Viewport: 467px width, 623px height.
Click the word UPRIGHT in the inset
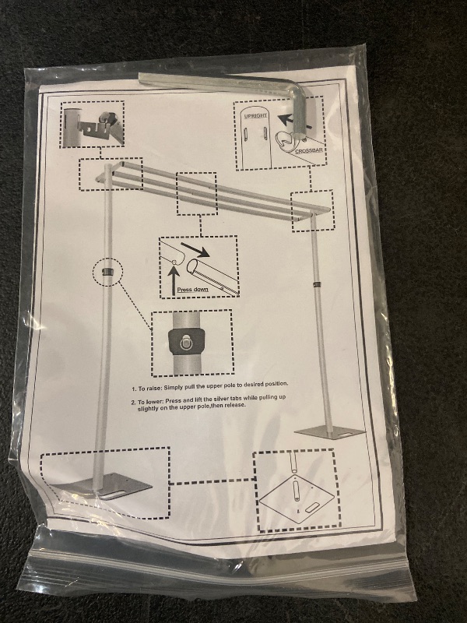click(255, 115)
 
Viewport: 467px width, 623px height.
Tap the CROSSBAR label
click(309, 150)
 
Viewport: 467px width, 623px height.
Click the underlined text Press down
click(192, 289)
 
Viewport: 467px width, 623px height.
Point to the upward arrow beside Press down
click(173, 280)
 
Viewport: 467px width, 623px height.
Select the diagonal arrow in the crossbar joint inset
click(195, 248)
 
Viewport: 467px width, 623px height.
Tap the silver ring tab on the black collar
click(184, 343)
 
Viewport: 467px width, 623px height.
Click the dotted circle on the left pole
click(107, 272)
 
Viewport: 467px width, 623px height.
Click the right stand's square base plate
click(329, 434)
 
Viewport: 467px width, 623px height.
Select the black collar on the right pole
click(317, 285)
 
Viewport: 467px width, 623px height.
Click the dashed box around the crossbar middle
click(197, 194)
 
